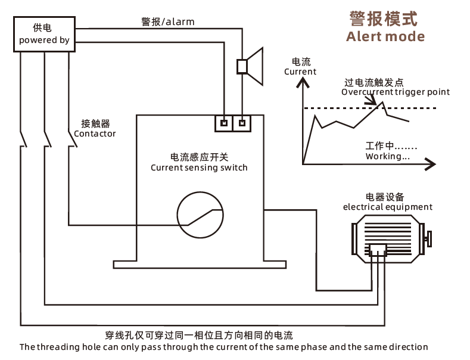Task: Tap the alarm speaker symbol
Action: pyautogui.click(x=250, y=66)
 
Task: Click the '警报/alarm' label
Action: pyautogui.click(x=168, y=21)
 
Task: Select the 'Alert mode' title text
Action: pyautogui.click(x=385, y=36)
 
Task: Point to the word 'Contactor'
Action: pyautogui.click(x=95, y=134)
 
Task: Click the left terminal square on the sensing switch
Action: pyautogui.click(x=224, y=123)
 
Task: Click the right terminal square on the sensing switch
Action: pyautogui.click(x=242, y=123)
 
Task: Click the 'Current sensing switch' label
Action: pyautogui.click(x=199, y=167)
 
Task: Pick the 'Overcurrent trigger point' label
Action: pyautogui.click(x=396, y=92)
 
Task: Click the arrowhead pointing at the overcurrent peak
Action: pyautogui.click(x=372, y=101)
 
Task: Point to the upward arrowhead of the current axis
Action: pyautogui.click(x=303, y=82)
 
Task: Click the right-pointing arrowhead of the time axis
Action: pyautogui.click(x=431, y=164)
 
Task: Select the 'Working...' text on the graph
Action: pyautogui.click(x=388, y=156)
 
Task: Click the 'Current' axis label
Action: pyautogui.click(x=300, y=72)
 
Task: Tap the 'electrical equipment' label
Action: pyautogui.click(x=388, y=207)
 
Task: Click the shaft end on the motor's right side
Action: pyautogui.click(x=429, y=239)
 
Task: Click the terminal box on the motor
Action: pyautogui.click(x=378, y=250)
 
